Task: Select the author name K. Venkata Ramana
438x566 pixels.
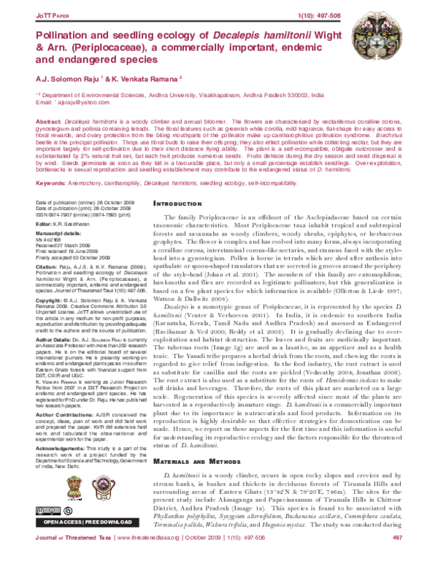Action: click(139, 79)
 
